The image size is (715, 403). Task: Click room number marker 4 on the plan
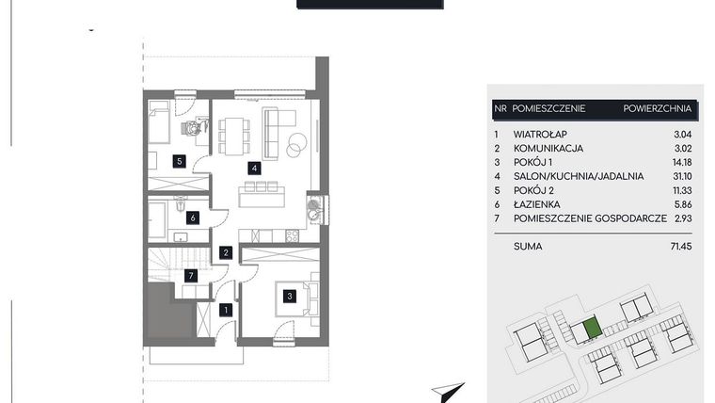click(x=253, y=169)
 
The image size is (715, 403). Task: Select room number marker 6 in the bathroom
click(x=193, y=218)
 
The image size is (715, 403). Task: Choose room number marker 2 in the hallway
click(x=226, y=252)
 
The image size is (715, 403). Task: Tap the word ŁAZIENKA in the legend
click(x=537, y=203)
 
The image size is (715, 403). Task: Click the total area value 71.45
click(x=678, y=246)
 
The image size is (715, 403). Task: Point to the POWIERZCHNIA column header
click(x=657, y=108)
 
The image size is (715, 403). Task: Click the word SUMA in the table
click(x=528, y=246)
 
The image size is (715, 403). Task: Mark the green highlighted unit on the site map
click(x=591, y=329)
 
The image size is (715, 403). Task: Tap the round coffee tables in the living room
click(x=295, y=145)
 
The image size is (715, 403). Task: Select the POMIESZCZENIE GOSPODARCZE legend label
click(x=590, y=218)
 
